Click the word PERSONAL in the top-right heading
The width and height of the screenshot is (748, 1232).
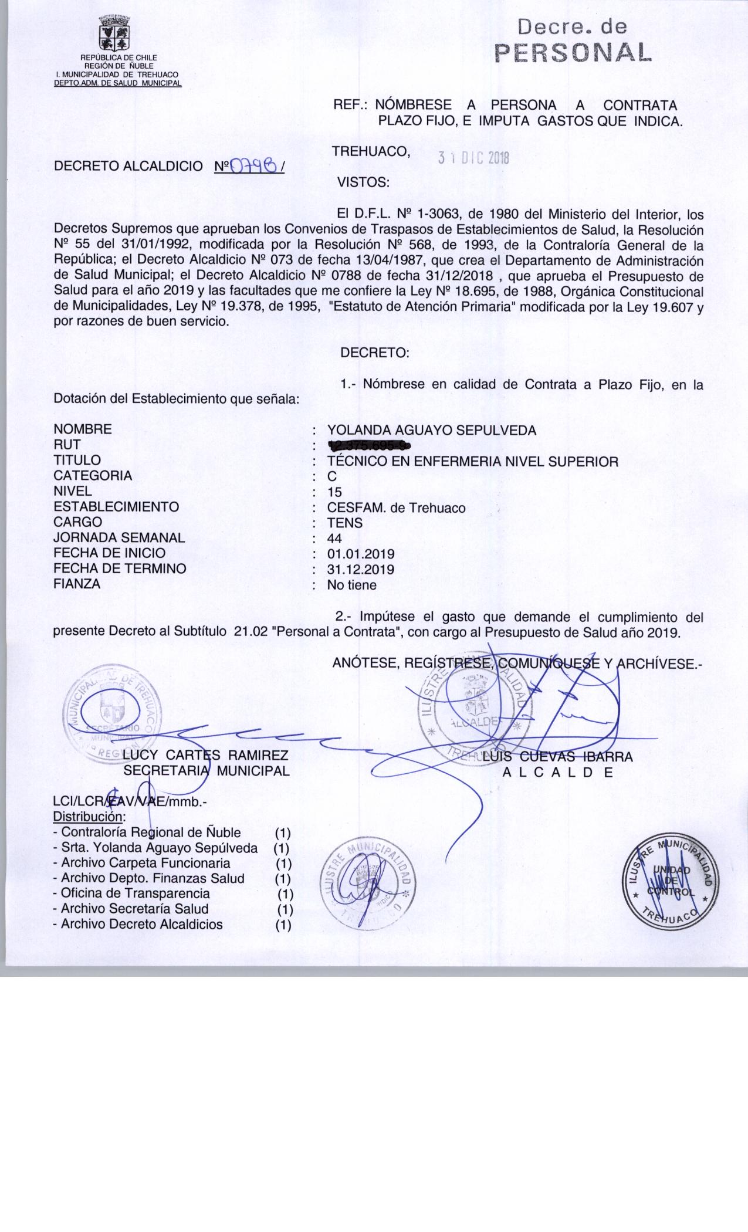pos(573,52)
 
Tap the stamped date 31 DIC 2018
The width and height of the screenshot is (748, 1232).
pos(474,158)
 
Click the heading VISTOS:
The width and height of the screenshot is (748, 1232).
pos(363,182)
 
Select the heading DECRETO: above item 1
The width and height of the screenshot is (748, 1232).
pos(374,353)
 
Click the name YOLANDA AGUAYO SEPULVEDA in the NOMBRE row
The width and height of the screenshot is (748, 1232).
pos(431,431)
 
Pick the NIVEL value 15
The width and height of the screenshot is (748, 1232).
pos(334,492)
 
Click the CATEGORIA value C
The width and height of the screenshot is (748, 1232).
pos(332,477)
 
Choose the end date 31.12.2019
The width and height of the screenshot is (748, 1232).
pos(361,570)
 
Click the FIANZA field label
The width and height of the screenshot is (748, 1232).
pos(77,584)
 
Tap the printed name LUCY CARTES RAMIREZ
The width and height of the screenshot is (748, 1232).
pos(205,756)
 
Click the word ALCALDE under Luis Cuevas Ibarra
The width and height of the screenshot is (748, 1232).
pos(558,773)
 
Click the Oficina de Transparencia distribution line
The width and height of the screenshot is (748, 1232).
pos(135,893)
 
